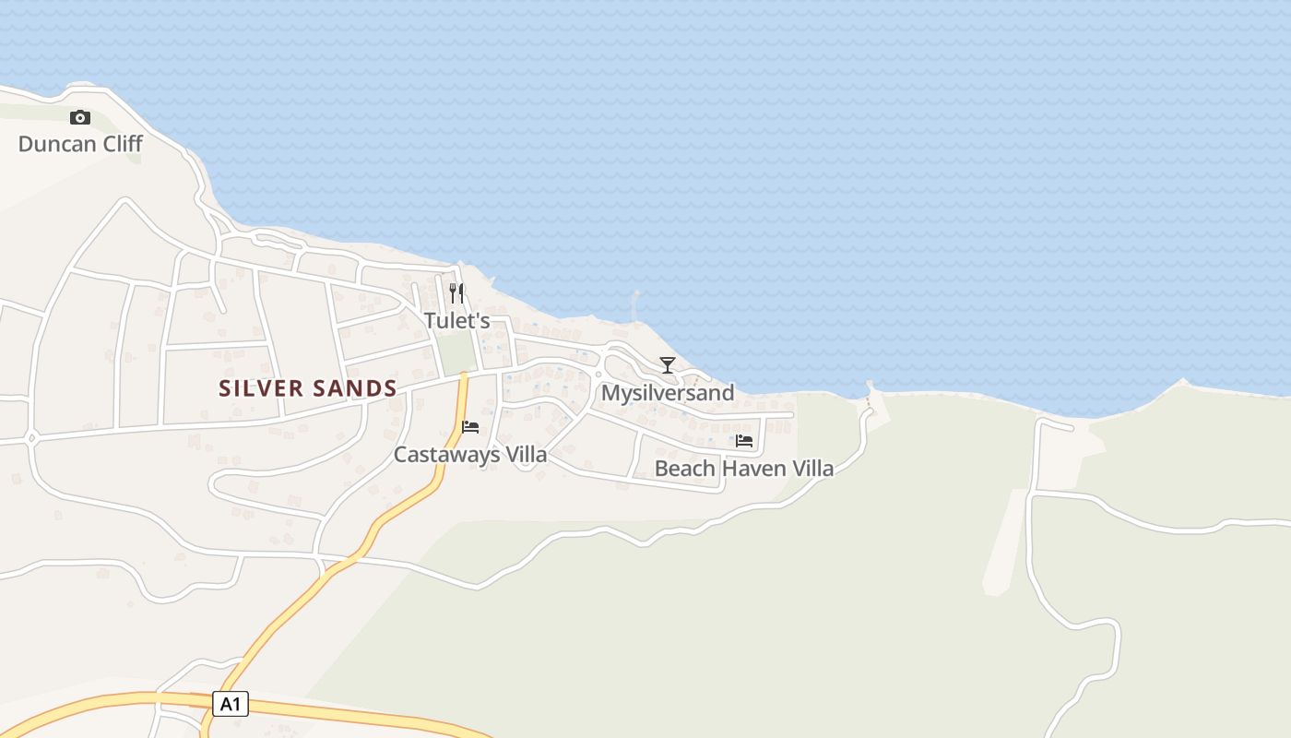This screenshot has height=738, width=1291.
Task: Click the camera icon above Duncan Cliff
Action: (80, 117)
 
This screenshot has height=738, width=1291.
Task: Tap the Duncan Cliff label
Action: (80, 144)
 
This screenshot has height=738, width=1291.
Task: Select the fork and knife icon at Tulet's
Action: (456, 293)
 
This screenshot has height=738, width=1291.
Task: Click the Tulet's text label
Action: (456, 321)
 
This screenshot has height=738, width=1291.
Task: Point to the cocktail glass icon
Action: (668, 364)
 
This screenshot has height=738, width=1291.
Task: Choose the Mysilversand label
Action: (668, 393)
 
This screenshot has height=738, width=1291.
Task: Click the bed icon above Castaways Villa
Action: (470, 427)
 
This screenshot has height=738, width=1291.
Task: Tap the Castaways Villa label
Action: (470, 455)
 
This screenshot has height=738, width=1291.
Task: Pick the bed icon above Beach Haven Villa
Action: (744, 441)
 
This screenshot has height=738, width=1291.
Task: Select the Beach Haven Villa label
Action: (744, 469)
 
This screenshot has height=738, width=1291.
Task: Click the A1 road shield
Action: (231, 705)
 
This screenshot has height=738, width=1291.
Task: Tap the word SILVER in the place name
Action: (262, 388)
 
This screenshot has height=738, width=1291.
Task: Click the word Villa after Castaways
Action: (526, 455)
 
